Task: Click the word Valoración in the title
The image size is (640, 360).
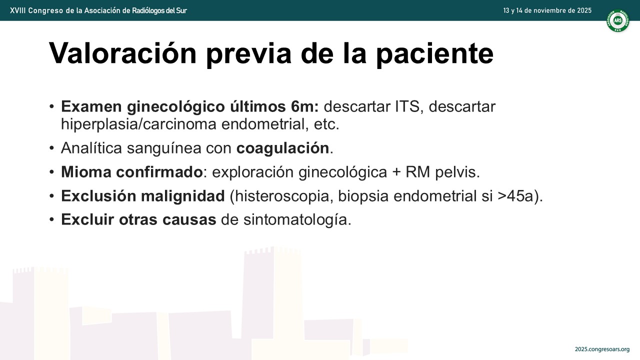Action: click(123, 53)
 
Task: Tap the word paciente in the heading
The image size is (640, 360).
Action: click(435, 54)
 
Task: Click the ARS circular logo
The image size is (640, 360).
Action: click(617, 21)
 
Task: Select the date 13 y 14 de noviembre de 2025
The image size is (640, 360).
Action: click(547, 10)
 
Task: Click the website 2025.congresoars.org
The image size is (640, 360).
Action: click(602, 349)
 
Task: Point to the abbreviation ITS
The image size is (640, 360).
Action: click(407, 106)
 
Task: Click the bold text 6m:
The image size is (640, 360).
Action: click(304, 106)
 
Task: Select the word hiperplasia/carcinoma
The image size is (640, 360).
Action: click(139, 124)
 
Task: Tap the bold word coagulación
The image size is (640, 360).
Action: click(283, 148)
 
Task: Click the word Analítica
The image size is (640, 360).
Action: click(91, 148)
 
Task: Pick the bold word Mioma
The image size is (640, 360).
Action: click(86, 172)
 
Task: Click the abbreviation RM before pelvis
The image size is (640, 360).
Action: click(417, 172)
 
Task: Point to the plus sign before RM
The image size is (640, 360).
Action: click(396, 172)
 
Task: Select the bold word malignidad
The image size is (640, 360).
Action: click(183, 196)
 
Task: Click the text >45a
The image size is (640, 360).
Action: click(515, 196)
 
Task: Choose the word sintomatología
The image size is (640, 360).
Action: click(297, 220)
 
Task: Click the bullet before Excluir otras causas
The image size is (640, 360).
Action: click(51, 219)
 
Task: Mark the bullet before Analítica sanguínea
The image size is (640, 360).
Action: click(51, 148)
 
